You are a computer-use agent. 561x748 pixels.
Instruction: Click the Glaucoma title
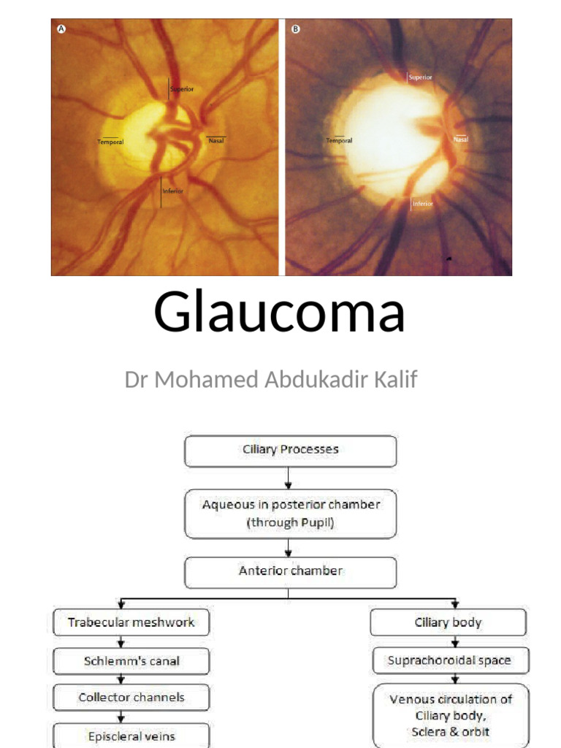click(x=280, y=312)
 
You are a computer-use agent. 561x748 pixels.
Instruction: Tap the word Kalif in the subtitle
click(x=397, y=380)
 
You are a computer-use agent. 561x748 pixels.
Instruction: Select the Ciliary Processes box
click(x=290, y=450)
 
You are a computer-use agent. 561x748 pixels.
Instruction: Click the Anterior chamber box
click(x=290, y=571)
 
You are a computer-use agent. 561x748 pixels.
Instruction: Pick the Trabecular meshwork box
click(x=131, y=623)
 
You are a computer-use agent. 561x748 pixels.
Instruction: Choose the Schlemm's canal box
click(x=131, y=662)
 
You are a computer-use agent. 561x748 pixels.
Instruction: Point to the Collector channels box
click(x=131, y=698)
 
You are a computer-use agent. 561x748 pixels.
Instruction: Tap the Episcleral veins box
click(x=131, y=735)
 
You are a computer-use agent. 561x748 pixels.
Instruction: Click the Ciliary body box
click(x=448, y=623)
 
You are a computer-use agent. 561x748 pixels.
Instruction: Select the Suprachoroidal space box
click(x=449, y=661)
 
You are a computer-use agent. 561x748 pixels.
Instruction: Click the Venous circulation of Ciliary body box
click(x=451, y=715)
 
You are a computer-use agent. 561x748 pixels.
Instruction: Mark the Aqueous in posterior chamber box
click(x=290, y=514)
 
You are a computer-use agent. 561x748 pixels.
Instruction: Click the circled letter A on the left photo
click(x=62, y=30)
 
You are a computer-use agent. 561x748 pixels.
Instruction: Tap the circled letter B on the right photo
click(x=296, y=30)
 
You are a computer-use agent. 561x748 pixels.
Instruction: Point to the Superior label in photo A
click(x=181, y=90)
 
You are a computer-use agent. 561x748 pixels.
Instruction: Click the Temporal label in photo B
click(x=339, y=140)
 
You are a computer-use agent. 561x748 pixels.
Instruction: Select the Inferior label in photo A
click(x=172, y=191)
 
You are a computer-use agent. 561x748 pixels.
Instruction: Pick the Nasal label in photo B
click(x=460, y=139)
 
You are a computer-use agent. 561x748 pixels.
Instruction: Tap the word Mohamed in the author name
click(x=191, y=380)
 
